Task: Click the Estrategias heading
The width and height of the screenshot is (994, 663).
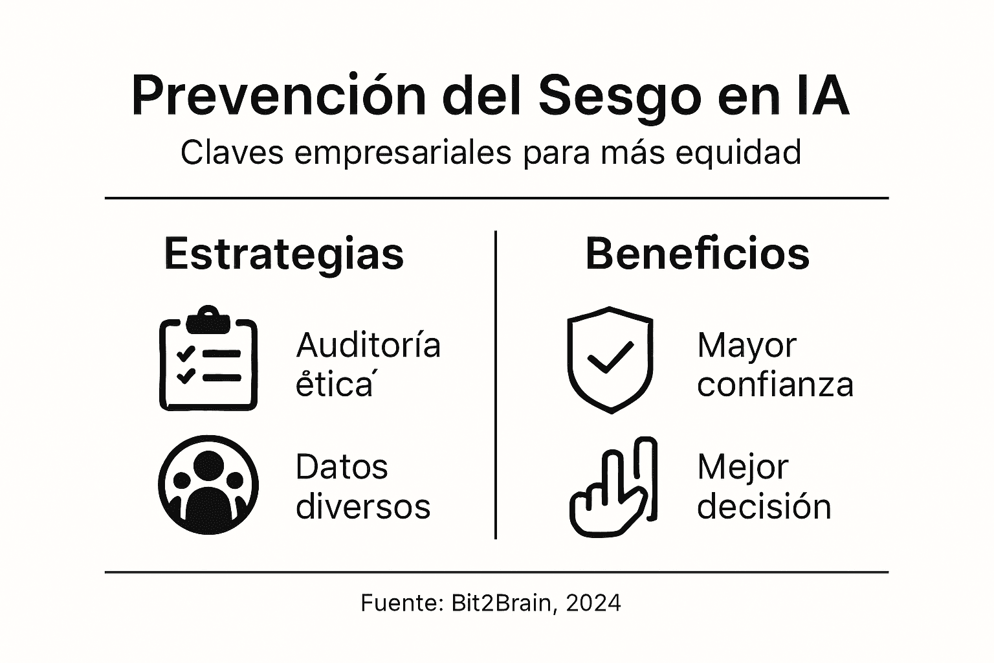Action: (284, 254)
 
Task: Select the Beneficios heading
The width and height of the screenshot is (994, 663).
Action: (697, 254)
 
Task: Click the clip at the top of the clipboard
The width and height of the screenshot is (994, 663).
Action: (208, 319)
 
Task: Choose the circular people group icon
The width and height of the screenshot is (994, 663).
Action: (208, 485)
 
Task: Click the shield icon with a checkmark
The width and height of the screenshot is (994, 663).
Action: (610, 359)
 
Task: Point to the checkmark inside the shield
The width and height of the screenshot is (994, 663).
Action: (610, 356)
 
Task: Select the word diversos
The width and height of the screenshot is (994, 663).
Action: (363, 506)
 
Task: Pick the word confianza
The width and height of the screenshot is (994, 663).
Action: (775, 384)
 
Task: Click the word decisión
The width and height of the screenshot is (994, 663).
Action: (764, 506)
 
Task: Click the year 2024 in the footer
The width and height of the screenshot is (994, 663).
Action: (593, 603)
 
